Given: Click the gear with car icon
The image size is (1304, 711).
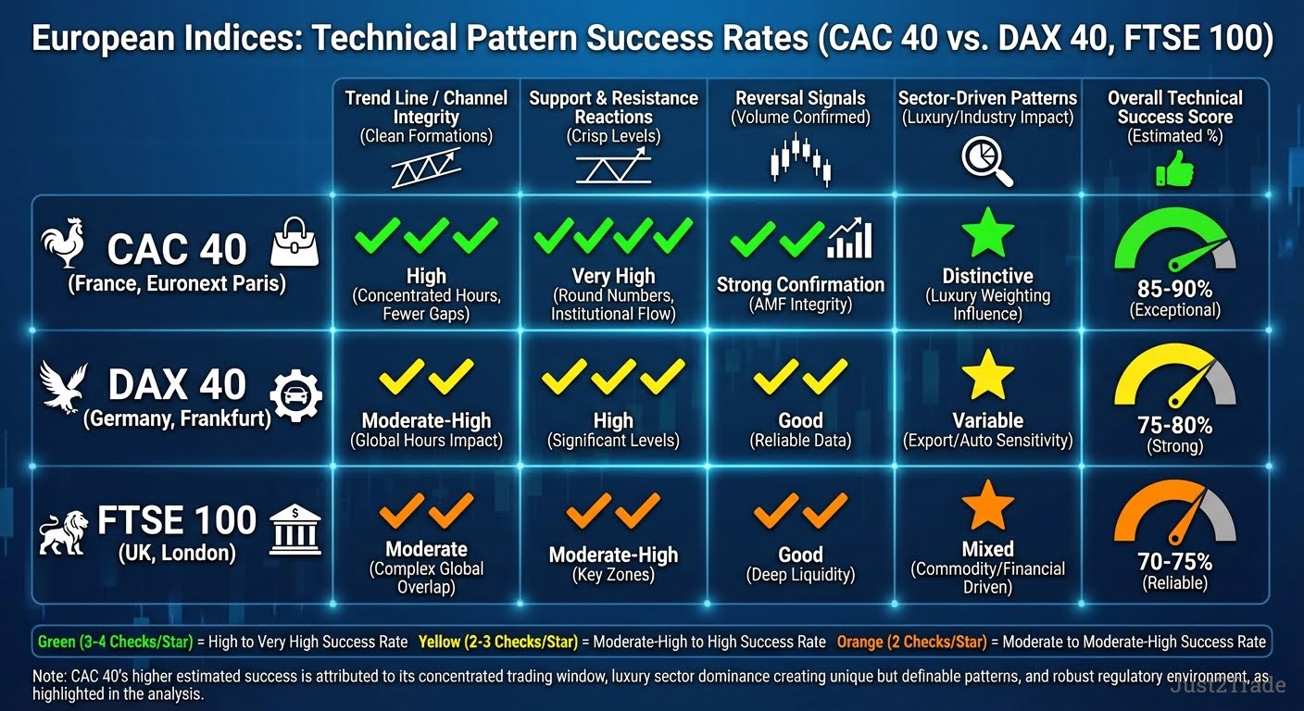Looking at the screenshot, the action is click(x=295, y=395).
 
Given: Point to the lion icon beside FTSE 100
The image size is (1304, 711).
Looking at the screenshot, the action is click(x=64, y=532).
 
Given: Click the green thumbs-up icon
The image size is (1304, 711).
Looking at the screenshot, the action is click(x=1174, y=168).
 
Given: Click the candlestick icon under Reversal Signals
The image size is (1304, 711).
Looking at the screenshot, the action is click(x=800, y=159).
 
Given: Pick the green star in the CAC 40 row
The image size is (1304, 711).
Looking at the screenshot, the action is click(x=988, y=232).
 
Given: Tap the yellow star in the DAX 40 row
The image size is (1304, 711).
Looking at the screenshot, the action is click(x=988, y=374).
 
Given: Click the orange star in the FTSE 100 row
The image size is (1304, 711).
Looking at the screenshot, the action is click(x=988, y=505).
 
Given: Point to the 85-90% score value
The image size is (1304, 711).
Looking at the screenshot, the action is click(x=1174, y=289).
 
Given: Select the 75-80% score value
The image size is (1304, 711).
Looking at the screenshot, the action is click(x=1174, y=425).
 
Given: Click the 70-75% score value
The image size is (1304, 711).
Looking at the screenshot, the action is click(x=1174, y=562).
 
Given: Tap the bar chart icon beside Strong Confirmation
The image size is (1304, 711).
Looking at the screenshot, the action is click(x=850, y=238).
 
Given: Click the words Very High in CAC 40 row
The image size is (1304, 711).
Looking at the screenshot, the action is click(x=614, y=276).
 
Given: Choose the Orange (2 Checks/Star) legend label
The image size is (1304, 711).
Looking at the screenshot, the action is click(x=911, y=642).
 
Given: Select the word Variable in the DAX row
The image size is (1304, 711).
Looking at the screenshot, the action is click(x=988, y=420).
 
